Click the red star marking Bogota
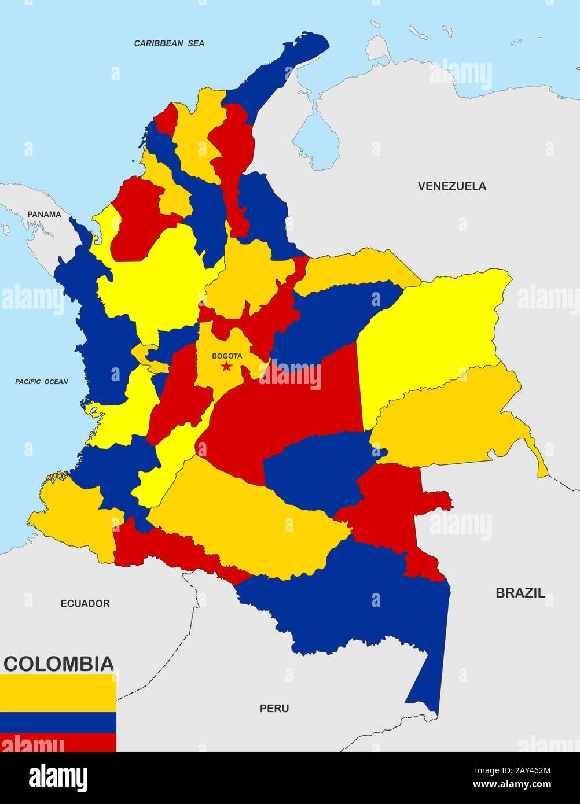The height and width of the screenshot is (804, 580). (x=226, y=367)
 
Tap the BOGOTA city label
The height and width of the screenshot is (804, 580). (x=227, y=356)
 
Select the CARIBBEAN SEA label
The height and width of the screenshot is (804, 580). (x=169, y=43)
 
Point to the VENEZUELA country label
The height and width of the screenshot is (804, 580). (x=452, y=186)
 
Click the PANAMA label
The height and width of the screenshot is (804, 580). (x=44, y=214)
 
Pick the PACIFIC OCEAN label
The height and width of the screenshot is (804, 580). (x=41, y=382)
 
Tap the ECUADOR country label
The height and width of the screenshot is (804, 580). (x=85, y=603)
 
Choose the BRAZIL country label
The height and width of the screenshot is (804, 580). (x=520, y=592)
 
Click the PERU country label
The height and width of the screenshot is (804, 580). (x=274, y=708)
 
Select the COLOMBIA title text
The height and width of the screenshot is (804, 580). (x=58, y=663)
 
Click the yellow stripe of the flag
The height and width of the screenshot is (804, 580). (x=58, y=693)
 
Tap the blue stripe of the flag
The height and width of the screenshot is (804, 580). (x=58, y=722)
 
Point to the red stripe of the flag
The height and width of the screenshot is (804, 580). (x=58, y=742)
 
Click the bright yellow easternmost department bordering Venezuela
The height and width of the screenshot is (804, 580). (x=434, y=330)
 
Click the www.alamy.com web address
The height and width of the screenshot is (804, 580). (x=509, y=785)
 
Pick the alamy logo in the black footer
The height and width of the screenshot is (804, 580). (x=58, y=776)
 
